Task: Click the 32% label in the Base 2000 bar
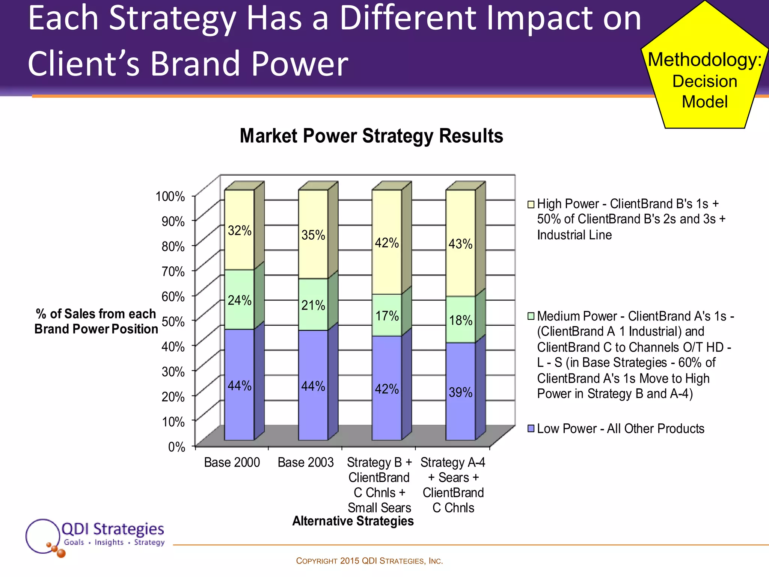click(x=240, y=230)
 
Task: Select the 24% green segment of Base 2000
click(x=240, y=300)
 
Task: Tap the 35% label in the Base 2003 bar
click(x=313, y=235)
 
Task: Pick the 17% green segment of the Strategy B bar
click(x=387, y=316)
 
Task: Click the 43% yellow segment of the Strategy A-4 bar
click(x=461, y=243)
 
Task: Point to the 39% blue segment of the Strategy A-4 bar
click(x=461, y=392)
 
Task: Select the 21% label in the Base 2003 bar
click(x=313, y=305)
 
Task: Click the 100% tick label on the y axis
click(x=170, y=196)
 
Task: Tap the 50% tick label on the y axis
click(x=173, y=322)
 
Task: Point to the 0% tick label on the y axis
click(x=176, y=447)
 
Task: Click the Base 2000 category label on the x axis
click(x=232, y=462)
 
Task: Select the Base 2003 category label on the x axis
click(x=306, y=462)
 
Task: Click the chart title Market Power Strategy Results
click(x=371, y=136)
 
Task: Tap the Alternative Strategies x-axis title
click(x=353, y=521)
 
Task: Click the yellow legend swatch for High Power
click(x=531, y=204)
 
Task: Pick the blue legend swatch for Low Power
click(x=531, y=429)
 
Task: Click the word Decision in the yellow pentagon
click(x=704, y=81)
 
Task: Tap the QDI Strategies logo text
click(x=113, y=529)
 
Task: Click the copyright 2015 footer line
click(x=369, y=561)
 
